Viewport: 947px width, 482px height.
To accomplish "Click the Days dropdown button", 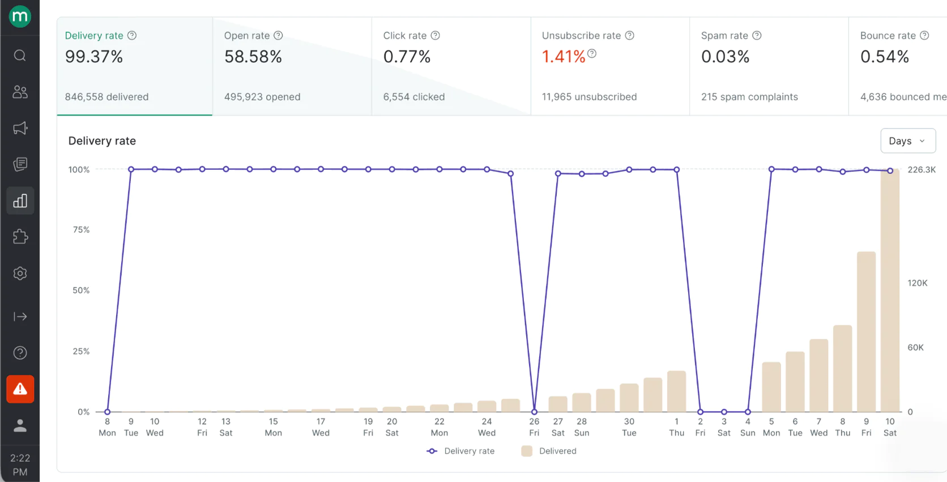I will click(907, 141).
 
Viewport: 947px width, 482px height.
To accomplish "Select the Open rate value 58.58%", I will click(253, 57).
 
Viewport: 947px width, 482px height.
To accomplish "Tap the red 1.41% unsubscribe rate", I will click(563, 57).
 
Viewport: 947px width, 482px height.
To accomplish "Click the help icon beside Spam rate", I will click(757, 35).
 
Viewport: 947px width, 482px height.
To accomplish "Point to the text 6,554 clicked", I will click(413, 97).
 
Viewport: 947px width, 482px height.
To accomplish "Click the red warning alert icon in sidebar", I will click(20, 389).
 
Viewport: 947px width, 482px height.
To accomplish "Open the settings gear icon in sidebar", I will click(20, 274).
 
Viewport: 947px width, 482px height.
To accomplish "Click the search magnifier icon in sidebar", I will click(20, 56).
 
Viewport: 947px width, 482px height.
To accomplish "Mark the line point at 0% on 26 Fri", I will click(534, 412).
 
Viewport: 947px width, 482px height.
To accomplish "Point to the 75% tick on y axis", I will click(81, 229).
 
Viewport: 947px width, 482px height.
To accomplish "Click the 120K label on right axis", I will click(917, 283).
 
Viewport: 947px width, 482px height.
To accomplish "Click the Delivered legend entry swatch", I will click(527, 451).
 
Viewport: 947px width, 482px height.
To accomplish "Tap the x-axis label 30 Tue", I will click(629, 427).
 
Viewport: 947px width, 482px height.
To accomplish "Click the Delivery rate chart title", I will click(102, 141).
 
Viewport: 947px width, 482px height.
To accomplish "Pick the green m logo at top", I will click(20, 16).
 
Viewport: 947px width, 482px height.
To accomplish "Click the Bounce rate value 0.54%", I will click(884, 57).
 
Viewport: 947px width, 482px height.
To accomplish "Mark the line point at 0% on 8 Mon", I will click(107, 412).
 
